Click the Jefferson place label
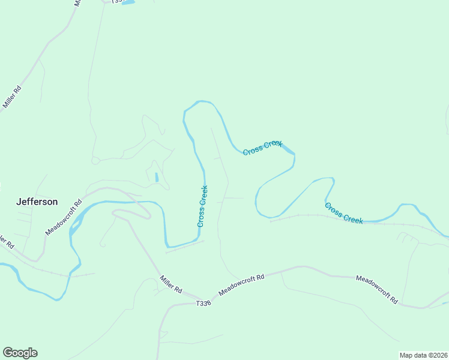click(x=37, y=202)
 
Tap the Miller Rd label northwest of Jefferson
click(x=12, y=97)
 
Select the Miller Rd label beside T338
click(x=170, y=283)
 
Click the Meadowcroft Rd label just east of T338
click(x=241, y=285)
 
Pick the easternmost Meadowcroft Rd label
click(x=377, y=290)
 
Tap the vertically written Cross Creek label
click(x=202, y=206)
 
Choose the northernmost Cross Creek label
click(x=262, y=148)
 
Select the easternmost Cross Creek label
click(x=344, y=213)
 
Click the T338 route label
click(x=203, y=304)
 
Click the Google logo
click(x=20, y=353)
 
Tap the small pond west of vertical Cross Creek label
click(x=156, y=178)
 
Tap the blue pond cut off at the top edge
click(x=127, y=2)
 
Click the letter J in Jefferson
click(x=19, y=202)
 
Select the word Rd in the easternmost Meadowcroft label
click(x=394, y=299)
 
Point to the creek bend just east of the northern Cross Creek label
click(x=293, y=155)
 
